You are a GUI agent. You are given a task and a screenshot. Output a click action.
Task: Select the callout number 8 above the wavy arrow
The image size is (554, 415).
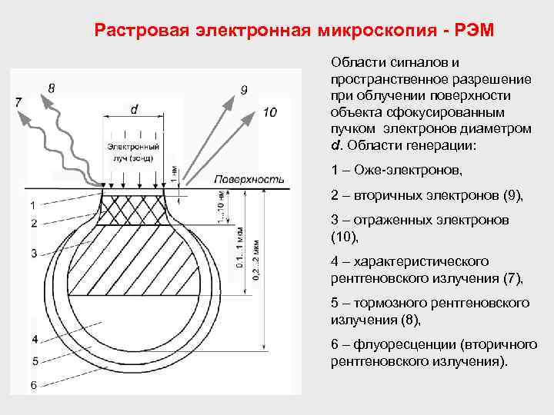[52, 88]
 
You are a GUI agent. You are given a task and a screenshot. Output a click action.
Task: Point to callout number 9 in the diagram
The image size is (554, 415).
[244, 90]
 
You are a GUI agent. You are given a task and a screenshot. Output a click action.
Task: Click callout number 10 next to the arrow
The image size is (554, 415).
[269, 112]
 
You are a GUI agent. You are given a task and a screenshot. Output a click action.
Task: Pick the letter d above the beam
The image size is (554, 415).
[135, 109]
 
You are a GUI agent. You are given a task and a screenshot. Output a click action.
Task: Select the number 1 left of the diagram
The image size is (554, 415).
[33, 205]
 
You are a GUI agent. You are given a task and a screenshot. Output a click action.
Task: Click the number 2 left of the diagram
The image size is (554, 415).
[33, 223]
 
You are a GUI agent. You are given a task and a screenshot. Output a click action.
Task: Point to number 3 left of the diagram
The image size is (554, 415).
[33, 253]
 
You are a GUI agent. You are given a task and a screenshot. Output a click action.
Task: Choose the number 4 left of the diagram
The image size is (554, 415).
[33, 339]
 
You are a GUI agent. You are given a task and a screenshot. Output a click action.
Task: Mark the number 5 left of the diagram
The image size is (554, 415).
[33, 360]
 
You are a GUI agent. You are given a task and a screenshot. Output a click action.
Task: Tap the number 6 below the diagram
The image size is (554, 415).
[33, 383]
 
